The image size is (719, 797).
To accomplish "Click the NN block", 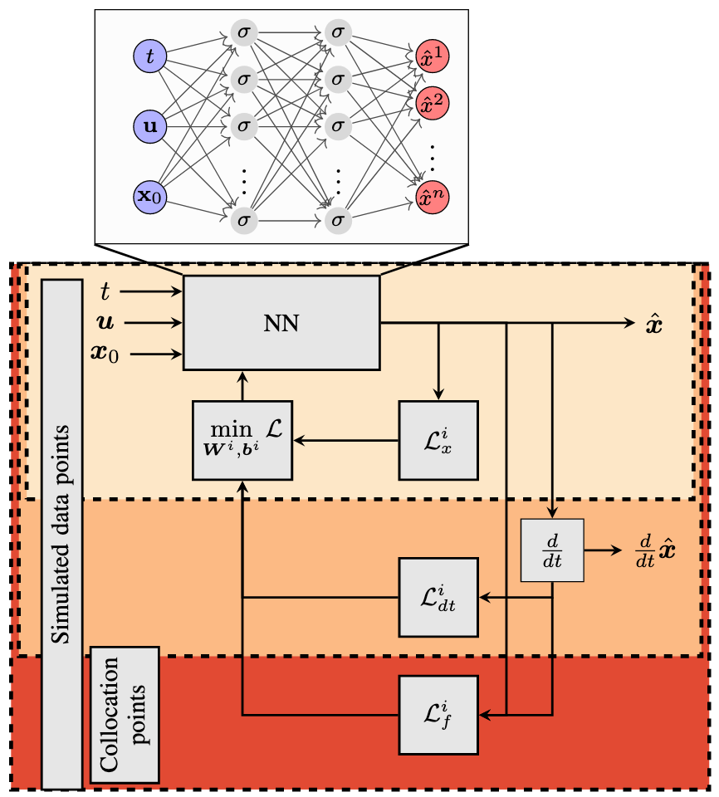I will click(x=281, y=322).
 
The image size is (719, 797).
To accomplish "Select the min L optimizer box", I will click(x=242, y=440).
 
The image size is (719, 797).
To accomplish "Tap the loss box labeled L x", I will click(x=438, y=440).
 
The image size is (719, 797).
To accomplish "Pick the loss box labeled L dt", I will click(x=438, y=597).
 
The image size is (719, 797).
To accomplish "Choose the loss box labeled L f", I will click(x=438, y=714).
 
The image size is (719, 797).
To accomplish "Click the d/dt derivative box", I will click(x=552, y=550).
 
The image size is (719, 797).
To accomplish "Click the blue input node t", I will click(x=149, y=56).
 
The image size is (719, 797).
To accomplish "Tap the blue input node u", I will click(x=149, y=126).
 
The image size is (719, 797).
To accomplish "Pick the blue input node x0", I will click(x=149, y=197).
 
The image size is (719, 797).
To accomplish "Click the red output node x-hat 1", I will click(x=433, y=56).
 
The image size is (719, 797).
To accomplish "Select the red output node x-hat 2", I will click(x=433, y=102).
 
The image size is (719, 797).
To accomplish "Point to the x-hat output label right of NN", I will click(x=654, y=323).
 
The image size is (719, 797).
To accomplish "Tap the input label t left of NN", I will click(x=105, y=291).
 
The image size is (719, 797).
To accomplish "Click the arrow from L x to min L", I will click(x=345, y=440).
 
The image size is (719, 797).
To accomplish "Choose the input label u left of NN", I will click(x=105, y=322).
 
